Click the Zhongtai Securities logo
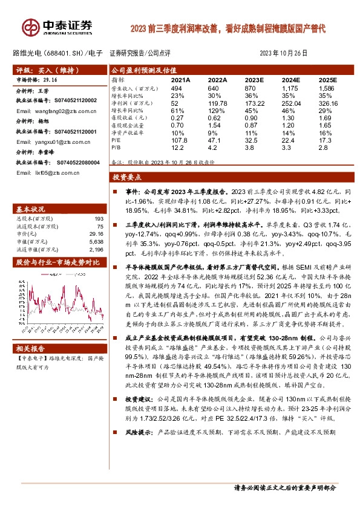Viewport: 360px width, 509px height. point(58,27)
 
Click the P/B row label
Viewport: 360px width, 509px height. point(117,146)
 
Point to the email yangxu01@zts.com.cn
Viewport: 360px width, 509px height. point(52,143)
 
